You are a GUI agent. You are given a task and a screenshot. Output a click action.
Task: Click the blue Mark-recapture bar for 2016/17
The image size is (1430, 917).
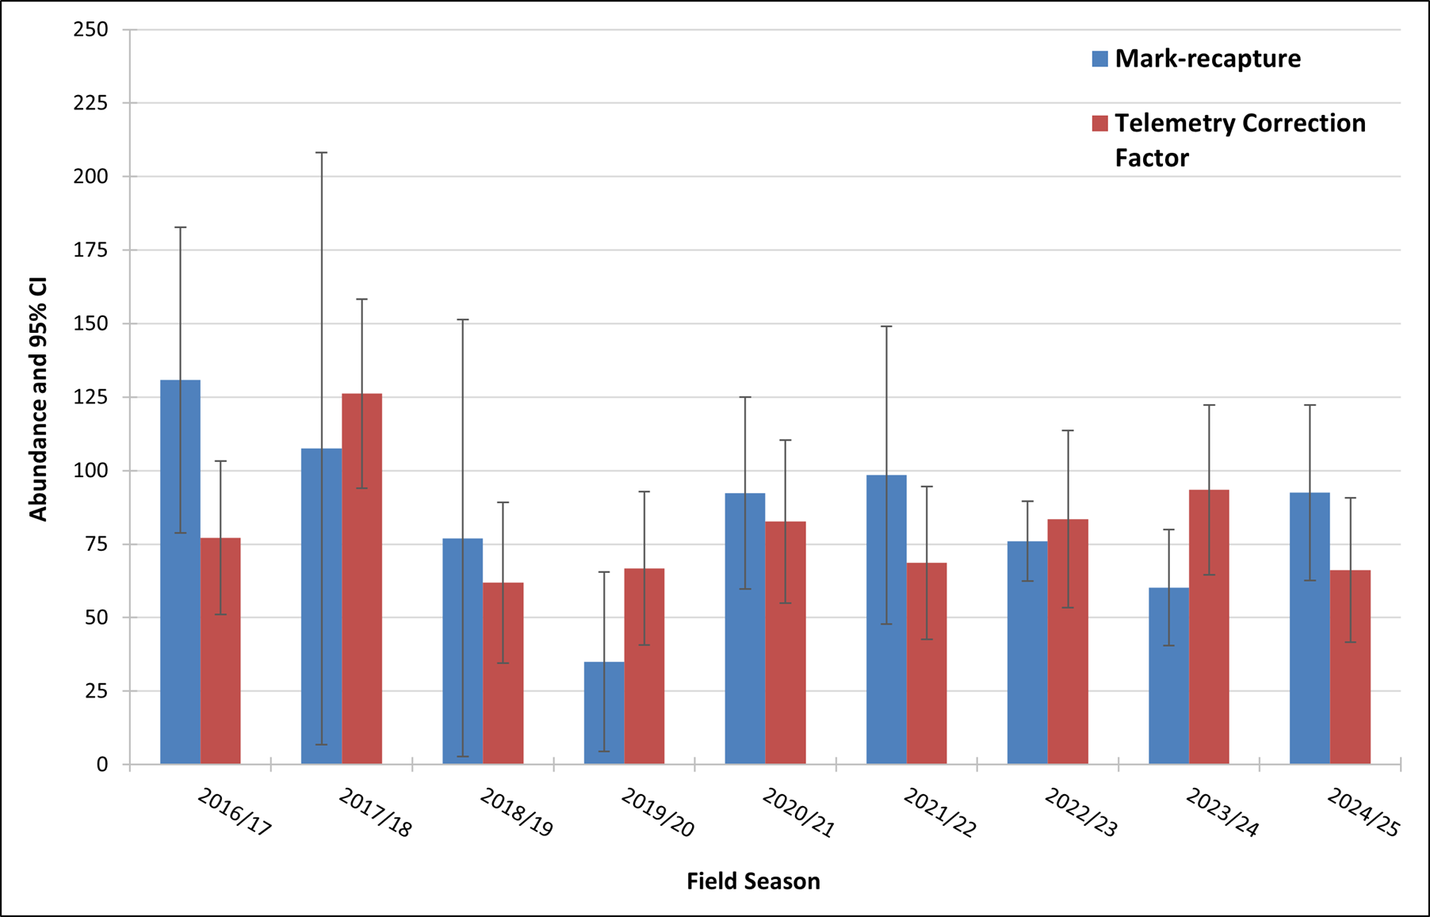click(x=180, y=572)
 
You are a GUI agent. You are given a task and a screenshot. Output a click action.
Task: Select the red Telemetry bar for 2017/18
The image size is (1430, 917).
click(x=362, y=579)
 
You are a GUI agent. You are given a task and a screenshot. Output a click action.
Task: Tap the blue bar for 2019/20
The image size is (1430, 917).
click(x=604, y=713)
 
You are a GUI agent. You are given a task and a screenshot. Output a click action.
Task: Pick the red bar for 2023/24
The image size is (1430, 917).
click(x=1209, y=627)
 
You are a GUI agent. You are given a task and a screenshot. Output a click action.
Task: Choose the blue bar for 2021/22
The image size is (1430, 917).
click(x=886, y=620)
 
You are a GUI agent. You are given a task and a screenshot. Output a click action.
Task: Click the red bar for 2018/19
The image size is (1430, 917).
click(x=503, y=674)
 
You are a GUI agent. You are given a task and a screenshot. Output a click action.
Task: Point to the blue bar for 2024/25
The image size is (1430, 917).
click(x=1310, y=629)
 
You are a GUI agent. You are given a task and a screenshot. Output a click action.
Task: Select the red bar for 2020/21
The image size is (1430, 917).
click(x=786, y=643)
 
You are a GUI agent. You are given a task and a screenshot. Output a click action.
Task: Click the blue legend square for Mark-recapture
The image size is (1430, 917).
click(x=1099, y=59)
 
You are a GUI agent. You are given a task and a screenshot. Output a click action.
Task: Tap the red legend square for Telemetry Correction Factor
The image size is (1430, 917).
click(x=1099, y=124)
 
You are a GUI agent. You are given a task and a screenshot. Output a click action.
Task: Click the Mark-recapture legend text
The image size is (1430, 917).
click(x=1208, y=59)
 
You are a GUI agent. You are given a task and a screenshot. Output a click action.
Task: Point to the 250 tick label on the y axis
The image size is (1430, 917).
click(x=90, y=29)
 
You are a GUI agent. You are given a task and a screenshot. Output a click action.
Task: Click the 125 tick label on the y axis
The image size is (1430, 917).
click(x=90, y=397)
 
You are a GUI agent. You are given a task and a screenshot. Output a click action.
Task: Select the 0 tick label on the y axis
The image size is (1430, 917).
click(x=102, y=765)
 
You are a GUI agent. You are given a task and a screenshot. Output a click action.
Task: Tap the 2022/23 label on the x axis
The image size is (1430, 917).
click(x=1081, y=812)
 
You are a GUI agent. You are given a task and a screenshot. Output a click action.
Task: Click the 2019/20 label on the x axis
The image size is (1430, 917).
click(x=658, y=812)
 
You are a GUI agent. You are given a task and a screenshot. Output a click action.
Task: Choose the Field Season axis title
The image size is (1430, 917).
click(x=753, y=881)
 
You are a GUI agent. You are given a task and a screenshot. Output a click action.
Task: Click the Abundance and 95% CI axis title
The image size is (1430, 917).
click(x=38, y=399)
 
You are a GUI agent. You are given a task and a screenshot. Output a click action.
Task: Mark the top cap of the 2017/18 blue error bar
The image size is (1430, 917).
click(x=322, y=152)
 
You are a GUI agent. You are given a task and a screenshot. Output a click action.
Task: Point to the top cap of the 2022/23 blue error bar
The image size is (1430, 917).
click(x=1027, y=501)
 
